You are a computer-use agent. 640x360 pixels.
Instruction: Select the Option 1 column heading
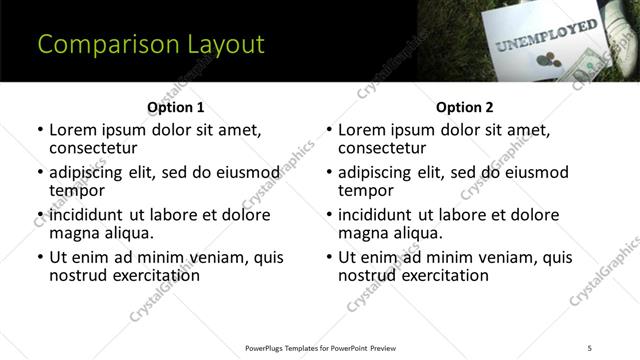(175, 107)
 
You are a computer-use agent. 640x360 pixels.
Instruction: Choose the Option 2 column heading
(464, 107)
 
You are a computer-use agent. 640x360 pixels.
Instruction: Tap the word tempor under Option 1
(77, 190)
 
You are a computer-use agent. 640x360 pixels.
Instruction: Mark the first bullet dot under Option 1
(40, 130)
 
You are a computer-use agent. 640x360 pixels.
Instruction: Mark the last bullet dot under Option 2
(329, 258)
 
